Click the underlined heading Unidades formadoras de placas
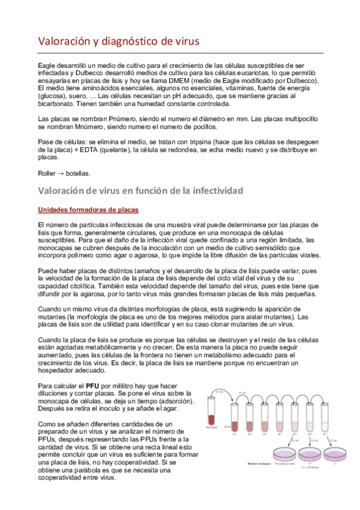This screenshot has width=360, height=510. [x=88, y=209]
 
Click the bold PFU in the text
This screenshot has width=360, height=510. [x=93, y=386]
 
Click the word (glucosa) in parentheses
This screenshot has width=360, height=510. [x=55, y=95]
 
